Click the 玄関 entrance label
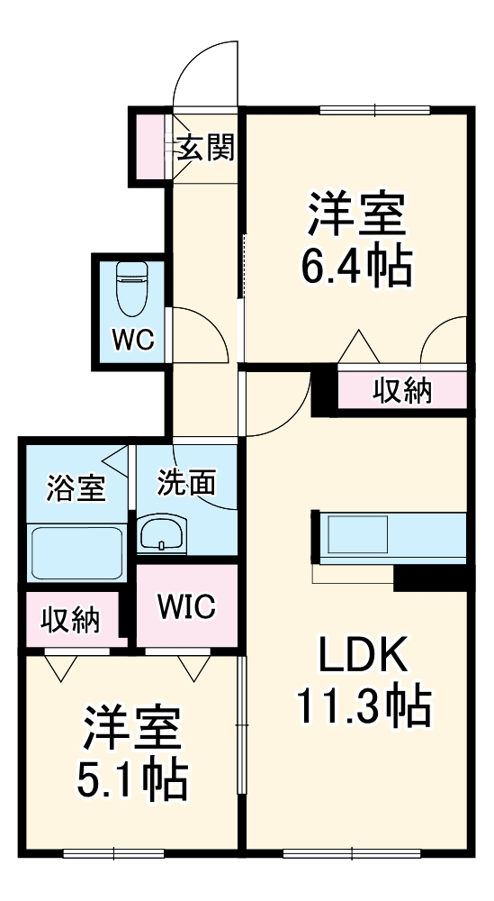point(205,149)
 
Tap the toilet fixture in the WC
point(131,288)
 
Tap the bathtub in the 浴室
point(76,552)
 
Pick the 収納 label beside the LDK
point(403,391)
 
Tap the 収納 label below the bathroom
point(70,620)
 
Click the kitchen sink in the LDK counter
point(357,534)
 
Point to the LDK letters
point(363,654)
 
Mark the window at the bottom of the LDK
point(352,854)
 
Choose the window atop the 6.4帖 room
point(375,110)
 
